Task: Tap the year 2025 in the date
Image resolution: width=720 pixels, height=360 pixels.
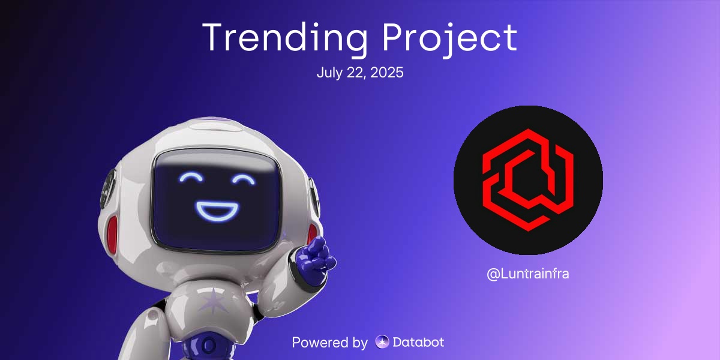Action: coord(389,73)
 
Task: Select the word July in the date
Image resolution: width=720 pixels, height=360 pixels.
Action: coord(329,73)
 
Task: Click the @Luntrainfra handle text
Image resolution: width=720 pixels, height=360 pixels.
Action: coord(528,274)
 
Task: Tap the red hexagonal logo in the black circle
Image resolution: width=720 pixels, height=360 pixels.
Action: coord(528,179)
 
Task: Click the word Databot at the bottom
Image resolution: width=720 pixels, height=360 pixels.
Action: coord(418,343)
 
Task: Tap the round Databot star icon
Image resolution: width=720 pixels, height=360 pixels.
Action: coord(382,343)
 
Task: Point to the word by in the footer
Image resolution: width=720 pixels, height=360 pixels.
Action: coord(358,343)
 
